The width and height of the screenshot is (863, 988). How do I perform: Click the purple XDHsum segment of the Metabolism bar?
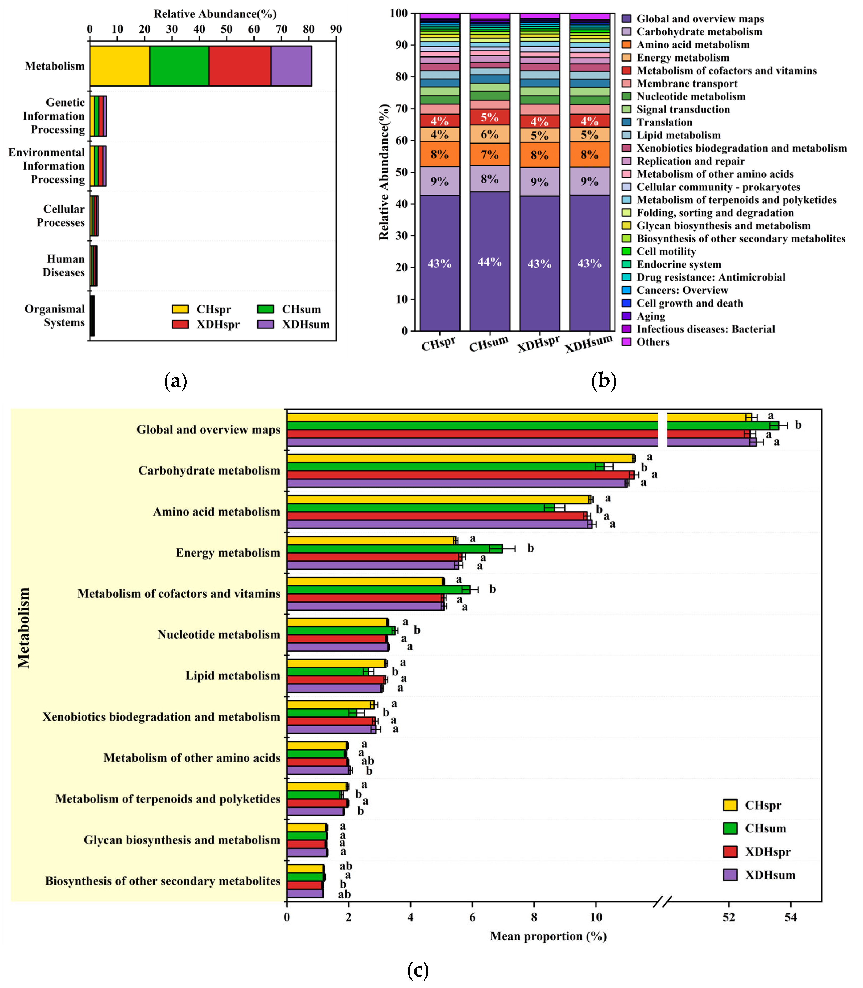pos(291,66)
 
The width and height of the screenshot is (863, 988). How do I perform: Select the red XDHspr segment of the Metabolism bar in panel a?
pos(240,66)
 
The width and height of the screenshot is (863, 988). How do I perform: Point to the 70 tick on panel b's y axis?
pos(401,109)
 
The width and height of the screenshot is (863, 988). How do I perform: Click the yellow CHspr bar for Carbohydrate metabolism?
pos(460,458)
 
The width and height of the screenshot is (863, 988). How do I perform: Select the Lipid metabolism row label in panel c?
pos(233,676)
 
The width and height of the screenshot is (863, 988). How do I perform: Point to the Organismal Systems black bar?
pos(92,316)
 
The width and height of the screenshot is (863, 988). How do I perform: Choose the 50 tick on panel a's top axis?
pos(226,29)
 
